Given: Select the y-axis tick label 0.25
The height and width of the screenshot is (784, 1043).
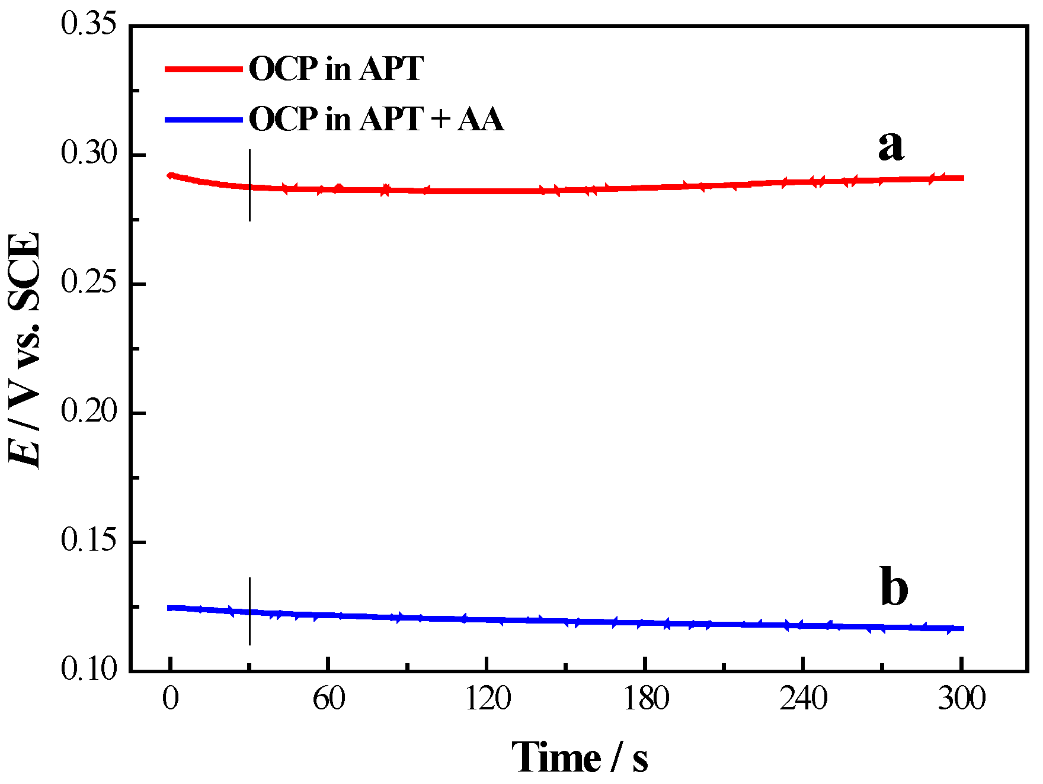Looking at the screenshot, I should click(88, 283).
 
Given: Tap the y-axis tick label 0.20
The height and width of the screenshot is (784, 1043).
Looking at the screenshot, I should click(88, 412).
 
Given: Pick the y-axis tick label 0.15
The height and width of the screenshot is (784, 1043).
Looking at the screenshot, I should click(88, 541).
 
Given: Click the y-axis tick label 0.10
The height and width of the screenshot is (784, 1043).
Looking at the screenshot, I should click(88, 670).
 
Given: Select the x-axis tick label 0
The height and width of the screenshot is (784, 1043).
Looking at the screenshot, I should click(171, 699).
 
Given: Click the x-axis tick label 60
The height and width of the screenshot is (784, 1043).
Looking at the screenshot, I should click(329, 699).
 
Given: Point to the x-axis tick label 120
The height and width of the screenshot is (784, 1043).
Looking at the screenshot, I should click(487, 699).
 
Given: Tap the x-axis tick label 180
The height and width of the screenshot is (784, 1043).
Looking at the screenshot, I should click(645, 699).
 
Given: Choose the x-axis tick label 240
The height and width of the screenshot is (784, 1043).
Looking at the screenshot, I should click(803, 699).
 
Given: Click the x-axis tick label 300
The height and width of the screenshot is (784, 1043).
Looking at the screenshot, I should click(961, 699).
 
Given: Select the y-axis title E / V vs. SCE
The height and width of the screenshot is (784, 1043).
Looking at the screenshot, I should click(25, 349).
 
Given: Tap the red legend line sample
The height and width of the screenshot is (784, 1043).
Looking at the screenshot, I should click(204, 69).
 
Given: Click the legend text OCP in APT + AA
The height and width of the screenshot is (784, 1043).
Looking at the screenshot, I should click(376, 120).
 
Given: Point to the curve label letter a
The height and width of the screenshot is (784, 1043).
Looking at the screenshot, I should click(891, 146).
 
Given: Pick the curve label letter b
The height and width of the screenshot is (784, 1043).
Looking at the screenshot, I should click(894, 587).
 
